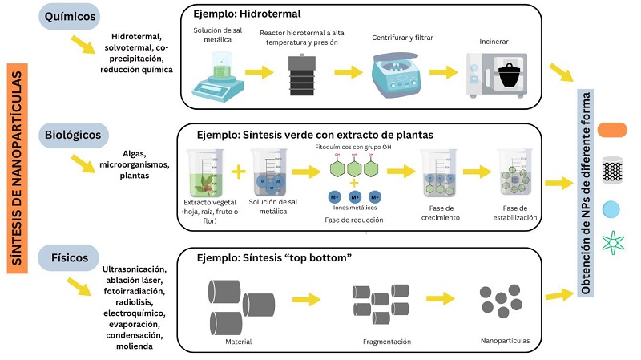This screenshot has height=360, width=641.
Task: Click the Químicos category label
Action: (x=72, y=18)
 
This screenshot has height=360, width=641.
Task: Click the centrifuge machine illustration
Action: (x=401, y=72)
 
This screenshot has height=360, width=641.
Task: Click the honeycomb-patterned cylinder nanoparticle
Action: (x=612, y=169)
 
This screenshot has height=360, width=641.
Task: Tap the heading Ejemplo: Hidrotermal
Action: (x=245, y=14)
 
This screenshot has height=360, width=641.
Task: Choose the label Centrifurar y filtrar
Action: (x=403, y=38)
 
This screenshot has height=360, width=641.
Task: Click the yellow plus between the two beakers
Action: (x=238, y=171)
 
